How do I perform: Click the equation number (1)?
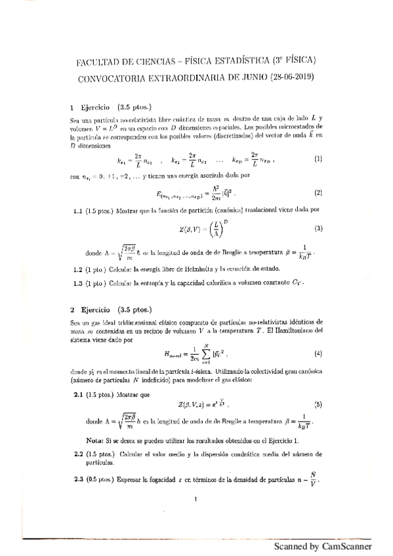[x=318, y=159]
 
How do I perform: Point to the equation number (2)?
[x=318, y=193]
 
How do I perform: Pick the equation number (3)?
[x=318, y=229]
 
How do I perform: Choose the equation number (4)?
[x=318, y=354]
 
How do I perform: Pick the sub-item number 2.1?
[x=79, y=395]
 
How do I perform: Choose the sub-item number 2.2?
[x=79, y=454]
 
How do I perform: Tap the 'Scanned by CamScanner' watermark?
[x=322, y=546]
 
